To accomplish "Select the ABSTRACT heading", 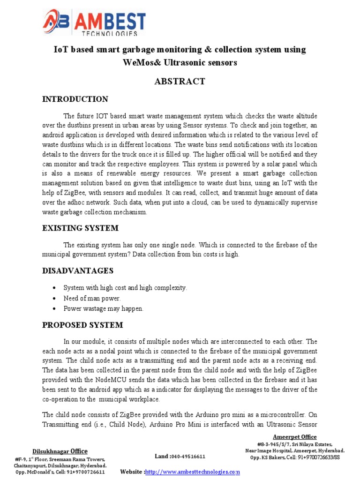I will (x=180, y=82).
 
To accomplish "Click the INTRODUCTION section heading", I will (x=75, y=99).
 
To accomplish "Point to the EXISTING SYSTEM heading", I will (x=80, y=228).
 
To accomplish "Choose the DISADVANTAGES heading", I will (x=78, y=271).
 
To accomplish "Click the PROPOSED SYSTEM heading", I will (x=82, y=325).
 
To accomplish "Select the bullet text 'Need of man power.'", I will (x=92, y=298).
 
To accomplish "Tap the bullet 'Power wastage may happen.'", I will (x=103, y=308).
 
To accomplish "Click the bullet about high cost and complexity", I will (x=118, y=287).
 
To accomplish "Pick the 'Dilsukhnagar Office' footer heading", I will (x=60, y=451).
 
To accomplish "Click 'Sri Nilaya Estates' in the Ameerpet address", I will (x=310, y=444).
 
